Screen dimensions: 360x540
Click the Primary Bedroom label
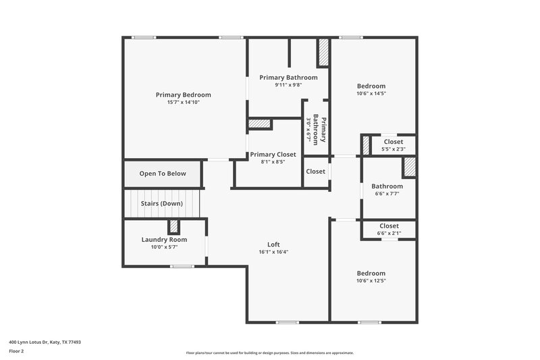[183, 95]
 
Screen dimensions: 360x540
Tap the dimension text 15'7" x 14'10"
[183, 103]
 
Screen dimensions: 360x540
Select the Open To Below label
[163, 174]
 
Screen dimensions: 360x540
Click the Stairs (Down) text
[161, 203]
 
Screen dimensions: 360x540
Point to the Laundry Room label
[164, 240]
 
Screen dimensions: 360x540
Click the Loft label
[273, 245]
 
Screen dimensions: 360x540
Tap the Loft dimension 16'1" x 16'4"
[273, 252]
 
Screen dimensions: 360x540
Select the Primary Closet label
[273, 155]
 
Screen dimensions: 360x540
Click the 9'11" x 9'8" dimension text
[288, 85]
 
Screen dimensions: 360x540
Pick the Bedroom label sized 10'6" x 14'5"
[371, 86]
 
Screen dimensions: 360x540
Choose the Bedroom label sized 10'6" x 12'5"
[371, 273]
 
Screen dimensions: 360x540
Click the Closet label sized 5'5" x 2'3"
[393, 142]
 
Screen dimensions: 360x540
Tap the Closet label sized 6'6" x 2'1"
[389, 226]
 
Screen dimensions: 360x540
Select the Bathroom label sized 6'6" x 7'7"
[388, 186]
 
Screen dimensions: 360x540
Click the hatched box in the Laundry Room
[173, 226]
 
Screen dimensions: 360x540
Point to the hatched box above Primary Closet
[260, 124]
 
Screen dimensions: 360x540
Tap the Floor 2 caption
[16, 351]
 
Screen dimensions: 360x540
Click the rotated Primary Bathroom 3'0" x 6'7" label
[317, 129]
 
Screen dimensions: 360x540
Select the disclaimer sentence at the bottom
[269, 353]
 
